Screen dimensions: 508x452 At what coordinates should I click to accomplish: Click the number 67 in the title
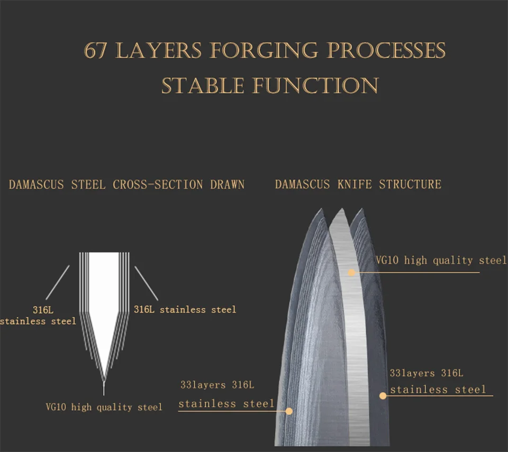pyautogui.click(x=95, y=51)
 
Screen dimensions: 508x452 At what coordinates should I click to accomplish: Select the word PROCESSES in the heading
pyautogui.click(x=386, y=51)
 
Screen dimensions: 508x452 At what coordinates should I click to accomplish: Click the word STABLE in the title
pyautogui.click(x=203, y=86)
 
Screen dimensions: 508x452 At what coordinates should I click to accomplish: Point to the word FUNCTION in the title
pyautogui.click(x=315, y=86)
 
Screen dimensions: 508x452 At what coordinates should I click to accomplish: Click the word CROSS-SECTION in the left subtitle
pyautogui.click(x=158, y=185)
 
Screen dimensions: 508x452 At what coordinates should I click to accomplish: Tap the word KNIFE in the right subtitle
pyautogui.click(x=355, y=184)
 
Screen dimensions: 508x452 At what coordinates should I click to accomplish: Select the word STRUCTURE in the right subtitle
pyautogui.click(x=410, y=184)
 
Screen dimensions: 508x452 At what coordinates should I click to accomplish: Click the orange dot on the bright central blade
pyautogui.click(x=351, y=273)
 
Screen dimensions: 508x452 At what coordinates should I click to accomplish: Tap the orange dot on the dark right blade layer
pyautogui.click(x=383, y=395)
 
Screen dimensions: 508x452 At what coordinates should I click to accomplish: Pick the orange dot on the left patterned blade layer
pyautogui.click(x=289, y=411)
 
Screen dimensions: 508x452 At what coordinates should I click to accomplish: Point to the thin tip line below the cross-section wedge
pyautogui.click(x=104, y=388)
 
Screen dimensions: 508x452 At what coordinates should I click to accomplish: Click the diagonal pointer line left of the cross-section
pyautogui.click(x=57, y=283)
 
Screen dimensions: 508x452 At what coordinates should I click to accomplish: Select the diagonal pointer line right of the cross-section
pyautogui.click(x=147, y=283)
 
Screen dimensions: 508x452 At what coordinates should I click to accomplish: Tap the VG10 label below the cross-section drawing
pyautogui.click(x=104, y=407)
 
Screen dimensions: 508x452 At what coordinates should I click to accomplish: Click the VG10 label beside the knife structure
pyautogui.click(x=441, y=260)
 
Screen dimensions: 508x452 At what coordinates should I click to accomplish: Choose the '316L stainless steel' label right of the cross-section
pyautogui.click(x=185, y=310)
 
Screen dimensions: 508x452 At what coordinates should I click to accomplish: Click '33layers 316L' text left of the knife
pyautogui.click(x=217, y=385)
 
